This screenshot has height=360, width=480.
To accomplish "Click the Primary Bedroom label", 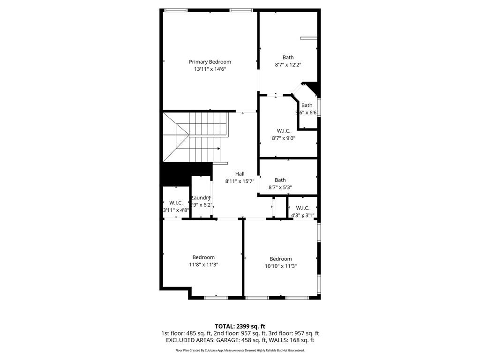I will tap(210, 62).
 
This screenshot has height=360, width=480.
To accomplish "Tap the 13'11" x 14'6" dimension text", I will tap(210, 69).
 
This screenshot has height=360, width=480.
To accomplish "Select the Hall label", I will tap(240, 174).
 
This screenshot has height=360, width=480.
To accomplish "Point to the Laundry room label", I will tap(201, 198).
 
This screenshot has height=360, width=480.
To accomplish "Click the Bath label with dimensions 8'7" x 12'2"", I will tap(288, 58).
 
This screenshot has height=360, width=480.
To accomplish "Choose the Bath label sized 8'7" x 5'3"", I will tap(280, 180).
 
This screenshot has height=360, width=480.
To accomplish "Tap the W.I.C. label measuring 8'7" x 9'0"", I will tap(284, 131).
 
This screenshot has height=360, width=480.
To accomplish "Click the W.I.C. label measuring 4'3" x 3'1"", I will tap(303, 208).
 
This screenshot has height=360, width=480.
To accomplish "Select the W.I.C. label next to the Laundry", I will tap(176, 203).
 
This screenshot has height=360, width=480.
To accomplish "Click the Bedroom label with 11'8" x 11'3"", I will tap(203, 257).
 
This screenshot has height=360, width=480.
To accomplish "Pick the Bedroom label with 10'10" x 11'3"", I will tap(281, 259).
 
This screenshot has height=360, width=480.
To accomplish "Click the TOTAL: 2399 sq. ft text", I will tap(240, 326).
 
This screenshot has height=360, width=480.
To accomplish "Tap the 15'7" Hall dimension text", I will tap(247, 181).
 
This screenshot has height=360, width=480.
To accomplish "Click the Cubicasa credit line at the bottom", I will tap(240, 351).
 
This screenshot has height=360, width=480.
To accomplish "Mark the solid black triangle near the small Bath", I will tap(313, 88).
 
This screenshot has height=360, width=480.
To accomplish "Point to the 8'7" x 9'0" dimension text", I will tap(284, 138).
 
